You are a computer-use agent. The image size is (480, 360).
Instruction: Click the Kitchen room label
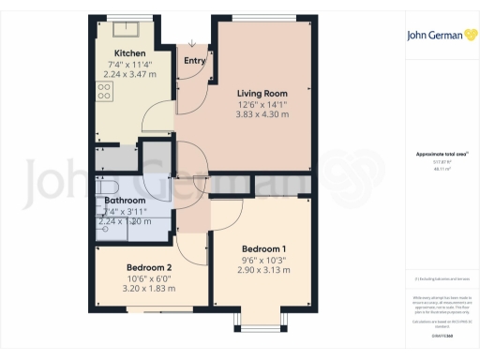coord(129,52)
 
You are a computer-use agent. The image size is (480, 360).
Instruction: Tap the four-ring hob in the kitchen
coord(105,91)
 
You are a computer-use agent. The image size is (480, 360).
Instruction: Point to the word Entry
coord(194,61)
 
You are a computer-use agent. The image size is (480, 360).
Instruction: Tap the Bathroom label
coord(124,201)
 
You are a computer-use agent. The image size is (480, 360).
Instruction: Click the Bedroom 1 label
coord(262,248)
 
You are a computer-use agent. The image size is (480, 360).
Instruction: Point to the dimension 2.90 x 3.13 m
coord(262,270)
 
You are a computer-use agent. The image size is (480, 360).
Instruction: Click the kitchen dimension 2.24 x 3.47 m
coord(129,74)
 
